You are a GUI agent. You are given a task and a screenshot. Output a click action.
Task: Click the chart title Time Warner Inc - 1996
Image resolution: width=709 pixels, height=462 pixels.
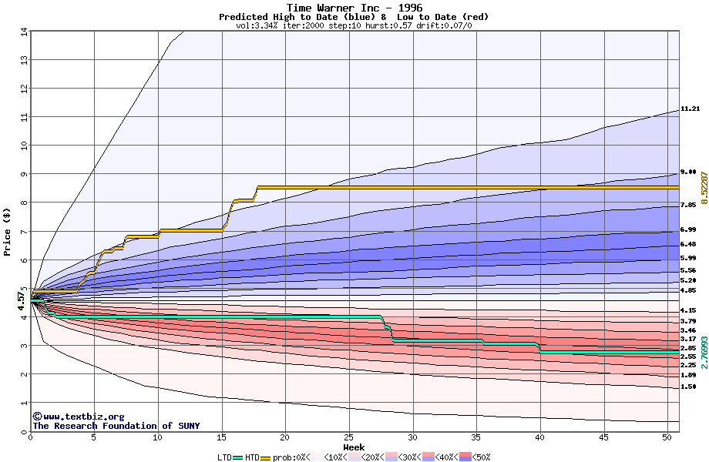pyautogui.click(x=354, y=8)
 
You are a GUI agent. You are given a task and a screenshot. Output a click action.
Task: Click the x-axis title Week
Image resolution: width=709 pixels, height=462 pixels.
pyautogui.click(x=354, y=447)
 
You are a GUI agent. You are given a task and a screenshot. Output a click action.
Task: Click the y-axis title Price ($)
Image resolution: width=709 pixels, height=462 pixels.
pyautogui.click(x=8, y=232)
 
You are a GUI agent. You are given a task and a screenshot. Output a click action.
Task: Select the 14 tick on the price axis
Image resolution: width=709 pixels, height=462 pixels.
pyautogui.click(x=23, y=32)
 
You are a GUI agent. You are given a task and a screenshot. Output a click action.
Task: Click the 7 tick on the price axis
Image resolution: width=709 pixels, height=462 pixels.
pyautogui.click(x=23, y=231)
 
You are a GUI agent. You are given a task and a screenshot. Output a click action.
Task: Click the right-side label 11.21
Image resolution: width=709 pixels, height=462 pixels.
pyautogui.click(x=689, y=109)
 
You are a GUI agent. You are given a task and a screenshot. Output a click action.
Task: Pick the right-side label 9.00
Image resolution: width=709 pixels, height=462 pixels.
pyautogui.click(x=688, y=172)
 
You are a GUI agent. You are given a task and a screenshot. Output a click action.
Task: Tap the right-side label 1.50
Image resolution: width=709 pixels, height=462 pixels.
pyautogui.click(x=688, y=387)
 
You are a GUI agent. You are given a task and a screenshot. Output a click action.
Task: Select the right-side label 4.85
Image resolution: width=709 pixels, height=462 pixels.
pyautogui.click(x=688, y=291)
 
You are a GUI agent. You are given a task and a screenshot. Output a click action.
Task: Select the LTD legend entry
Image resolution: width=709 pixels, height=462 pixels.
pyautogui.click(x=225, y=457)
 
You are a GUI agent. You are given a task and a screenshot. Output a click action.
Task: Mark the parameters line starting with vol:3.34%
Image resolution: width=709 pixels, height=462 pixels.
pyautogui.click(x=354, y=25)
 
